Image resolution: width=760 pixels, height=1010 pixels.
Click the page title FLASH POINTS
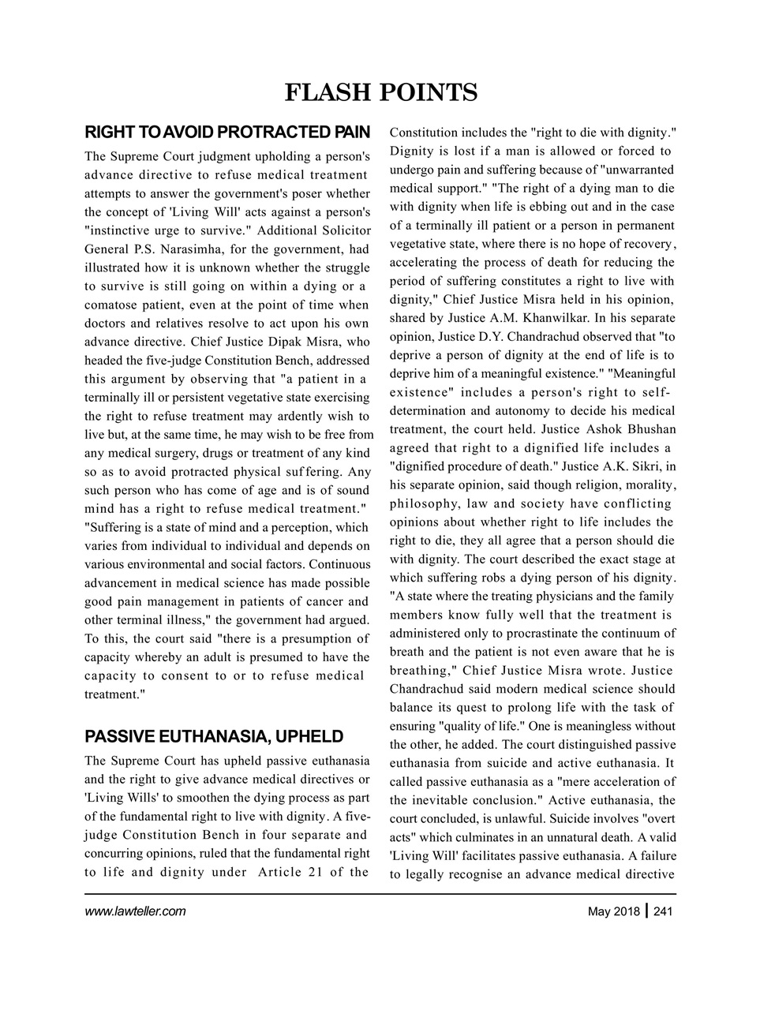tap(380, 93)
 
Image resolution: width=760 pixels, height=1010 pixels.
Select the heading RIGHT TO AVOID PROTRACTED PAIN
tap(227, 130)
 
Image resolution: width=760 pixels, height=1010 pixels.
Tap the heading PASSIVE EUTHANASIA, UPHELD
tap(213, 737)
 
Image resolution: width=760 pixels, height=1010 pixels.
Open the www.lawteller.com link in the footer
tap(135, 911)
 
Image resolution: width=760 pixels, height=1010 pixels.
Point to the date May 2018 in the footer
tap(614, 912)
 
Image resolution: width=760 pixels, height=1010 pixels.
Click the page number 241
tap(663, 912)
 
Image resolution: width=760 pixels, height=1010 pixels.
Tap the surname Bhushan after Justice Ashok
tap(652, 429)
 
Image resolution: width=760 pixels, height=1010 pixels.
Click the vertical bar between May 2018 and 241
tap(647, 911)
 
